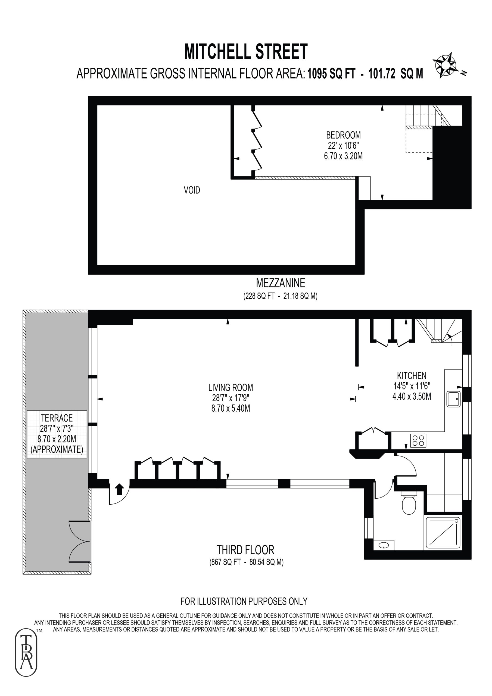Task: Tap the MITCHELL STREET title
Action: [246, 52]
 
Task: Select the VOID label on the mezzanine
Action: [192, 190]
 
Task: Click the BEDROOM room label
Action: [343, 135]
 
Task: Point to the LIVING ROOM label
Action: [231, 387]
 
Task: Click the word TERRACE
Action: [57, 418]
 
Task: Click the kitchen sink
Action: [453, 399]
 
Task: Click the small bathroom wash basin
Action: [384, 545]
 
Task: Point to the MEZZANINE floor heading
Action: [281, 283]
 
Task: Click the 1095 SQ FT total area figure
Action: [331, 73]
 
